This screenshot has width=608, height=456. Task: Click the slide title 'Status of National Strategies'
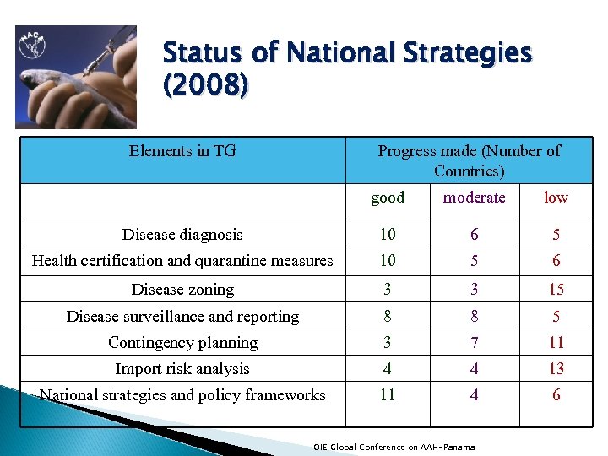[347, 54]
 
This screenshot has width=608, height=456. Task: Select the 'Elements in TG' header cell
[182, 151]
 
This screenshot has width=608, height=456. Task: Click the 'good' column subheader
[388, 198]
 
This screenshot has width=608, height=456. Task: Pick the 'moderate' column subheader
[474, 198]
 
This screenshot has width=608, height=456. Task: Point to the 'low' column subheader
[556, 198]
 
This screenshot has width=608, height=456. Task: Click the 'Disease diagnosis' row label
[182, 235]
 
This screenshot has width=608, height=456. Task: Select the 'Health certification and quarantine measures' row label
[182, 261]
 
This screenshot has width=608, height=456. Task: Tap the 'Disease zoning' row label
[182, 290]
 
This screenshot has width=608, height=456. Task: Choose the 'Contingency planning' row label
[182, 342]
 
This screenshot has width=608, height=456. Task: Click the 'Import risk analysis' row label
[182, 368]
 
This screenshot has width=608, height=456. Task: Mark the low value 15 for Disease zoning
[556, 290]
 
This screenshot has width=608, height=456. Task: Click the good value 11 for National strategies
[388, 394]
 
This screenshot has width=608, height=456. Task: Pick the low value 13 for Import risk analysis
[556, 368]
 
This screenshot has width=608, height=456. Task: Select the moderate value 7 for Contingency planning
[474, 342]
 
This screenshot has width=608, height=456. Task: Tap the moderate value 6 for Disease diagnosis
[474, 235]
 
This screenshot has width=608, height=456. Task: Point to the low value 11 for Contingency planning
[556, 342]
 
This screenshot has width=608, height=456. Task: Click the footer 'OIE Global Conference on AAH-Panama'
[394, 447]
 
